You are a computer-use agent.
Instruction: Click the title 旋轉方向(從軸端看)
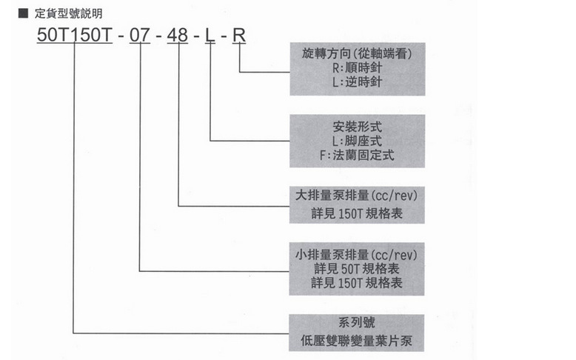[357, 54]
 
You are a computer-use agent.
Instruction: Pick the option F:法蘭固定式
[357, 155]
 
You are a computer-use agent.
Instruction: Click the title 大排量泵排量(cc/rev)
[357, 197]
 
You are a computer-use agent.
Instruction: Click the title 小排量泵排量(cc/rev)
[357, 255]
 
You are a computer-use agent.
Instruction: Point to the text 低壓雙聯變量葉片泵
[357, 341]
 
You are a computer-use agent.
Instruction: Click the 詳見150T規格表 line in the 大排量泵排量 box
[357, 213]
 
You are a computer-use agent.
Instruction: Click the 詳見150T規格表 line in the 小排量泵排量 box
[357, 283]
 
